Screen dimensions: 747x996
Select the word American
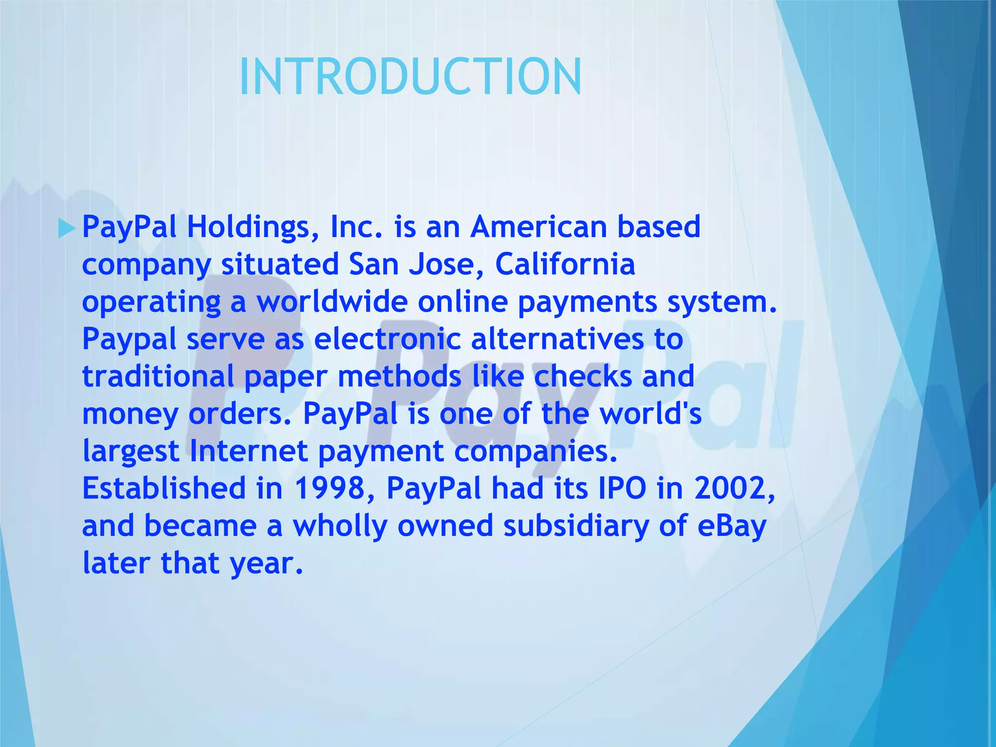[538, 227]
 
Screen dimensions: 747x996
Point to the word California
[565, 264]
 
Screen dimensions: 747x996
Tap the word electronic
[387, 339]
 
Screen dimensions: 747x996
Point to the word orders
[238, 414]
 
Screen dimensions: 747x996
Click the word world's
[650, 414]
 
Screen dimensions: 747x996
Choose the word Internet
[249, 451]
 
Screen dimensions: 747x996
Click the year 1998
[329, 488]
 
